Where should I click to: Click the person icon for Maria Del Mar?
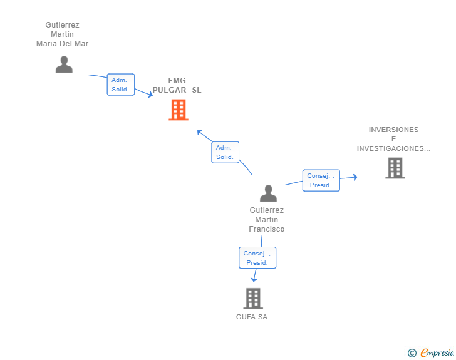click(x=64, y=64)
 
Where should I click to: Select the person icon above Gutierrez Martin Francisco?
click(x=268, y=193)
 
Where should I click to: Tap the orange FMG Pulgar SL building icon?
click(x=179, y=110)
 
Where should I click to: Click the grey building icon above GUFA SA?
click(x=252, y=299)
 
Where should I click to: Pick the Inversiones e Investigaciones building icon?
click(x=395, y=168)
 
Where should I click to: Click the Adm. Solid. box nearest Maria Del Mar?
click(x=120, y=85)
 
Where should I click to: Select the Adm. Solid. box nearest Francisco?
click(x=225, y=152)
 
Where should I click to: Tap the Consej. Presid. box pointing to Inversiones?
click(x=321, y=180)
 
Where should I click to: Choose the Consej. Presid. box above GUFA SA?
click(x=257, y=258)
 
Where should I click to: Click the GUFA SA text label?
click(x=252, y=317)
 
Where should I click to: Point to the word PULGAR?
click(x=169, y=90)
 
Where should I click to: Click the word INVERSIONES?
click(x=393, y=130)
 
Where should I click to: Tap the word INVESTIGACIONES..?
click(x=393, y=148)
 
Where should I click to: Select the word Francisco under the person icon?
click(x=267, y=229)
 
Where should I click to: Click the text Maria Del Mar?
click(x=63, y=44)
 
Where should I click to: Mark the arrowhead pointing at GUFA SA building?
click(x=254, y=280)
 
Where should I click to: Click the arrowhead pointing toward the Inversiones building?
click(x=355, y=177)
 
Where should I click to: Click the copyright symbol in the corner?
click(x=412, y=353)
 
